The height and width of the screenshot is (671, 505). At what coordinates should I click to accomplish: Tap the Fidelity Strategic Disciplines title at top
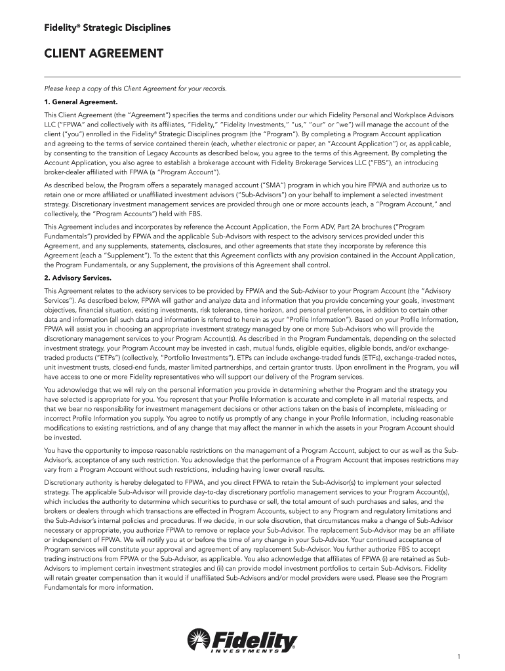(x=107, y=28)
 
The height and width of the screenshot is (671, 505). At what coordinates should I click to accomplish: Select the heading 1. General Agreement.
(x=81, y=102)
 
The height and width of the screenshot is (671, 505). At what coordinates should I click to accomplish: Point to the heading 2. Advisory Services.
(x=78, y=277)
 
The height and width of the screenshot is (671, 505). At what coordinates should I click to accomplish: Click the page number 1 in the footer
(x=459, y=657)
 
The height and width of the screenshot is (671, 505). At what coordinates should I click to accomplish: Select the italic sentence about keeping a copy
(x=135, y=88)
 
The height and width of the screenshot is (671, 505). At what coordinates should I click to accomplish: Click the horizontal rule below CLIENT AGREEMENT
(x=252, y=77)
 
